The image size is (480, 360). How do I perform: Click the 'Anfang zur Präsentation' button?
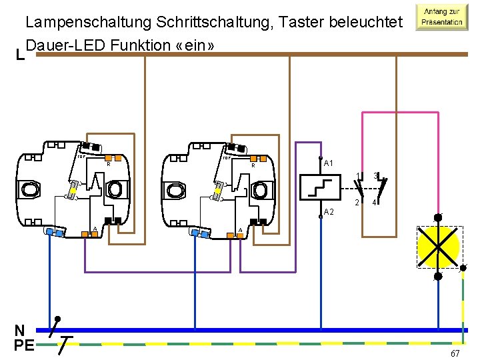441,17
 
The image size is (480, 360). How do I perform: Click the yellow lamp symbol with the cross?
438,247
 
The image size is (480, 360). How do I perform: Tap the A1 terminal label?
329,163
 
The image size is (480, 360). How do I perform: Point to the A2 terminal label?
329,211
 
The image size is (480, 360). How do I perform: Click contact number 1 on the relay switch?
358,176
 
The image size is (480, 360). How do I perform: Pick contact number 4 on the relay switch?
375,203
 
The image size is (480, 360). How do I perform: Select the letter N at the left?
20,331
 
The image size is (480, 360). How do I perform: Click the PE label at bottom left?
24,345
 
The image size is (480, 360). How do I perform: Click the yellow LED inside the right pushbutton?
218,190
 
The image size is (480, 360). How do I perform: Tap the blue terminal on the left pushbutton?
53,232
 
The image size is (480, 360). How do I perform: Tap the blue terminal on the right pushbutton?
199,232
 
